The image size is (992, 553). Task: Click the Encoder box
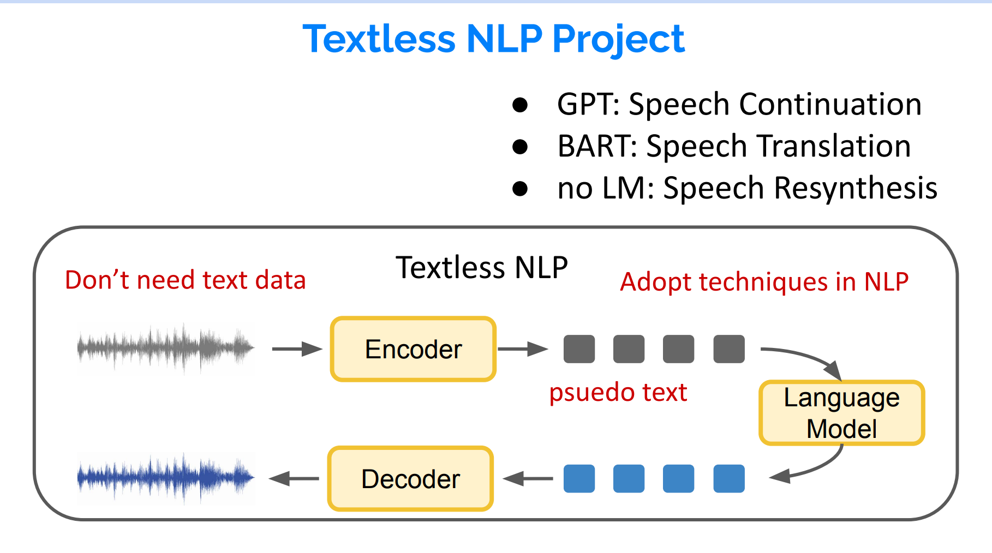413,349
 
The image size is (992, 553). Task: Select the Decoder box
410,479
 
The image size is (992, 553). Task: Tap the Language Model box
841,413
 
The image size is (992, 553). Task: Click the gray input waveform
165,347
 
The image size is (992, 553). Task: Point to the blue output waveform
165,478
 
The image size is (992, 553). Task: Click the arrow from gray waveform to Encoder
297,349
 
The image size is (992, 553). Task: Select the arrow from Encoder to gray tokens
522,349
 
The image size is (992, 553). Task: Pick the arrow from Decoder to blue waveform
295,479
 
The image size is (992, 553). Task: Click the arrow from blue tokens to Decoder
528,479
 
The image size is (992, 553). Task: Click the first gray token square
579,349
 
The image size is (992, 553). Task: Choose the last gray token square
729,349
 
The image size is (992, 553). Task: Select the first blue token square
579,479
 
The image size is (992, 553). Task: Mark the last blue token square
729,479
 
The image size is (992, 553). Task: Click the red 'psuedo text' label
618,393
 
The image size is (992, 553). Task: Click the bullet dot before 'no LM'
520,189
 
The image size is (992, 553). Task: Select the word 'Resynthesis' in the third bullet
856,189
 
